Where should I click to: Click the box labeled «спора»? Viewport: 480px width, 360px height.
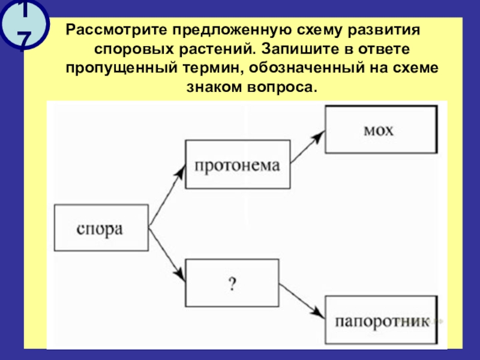[x=101, y=229]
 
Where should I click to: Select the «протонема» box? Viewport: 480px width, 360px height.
[x=237, y=166]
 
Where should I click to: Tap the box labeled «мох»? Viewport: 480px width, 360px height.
[x=379, y=130]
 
